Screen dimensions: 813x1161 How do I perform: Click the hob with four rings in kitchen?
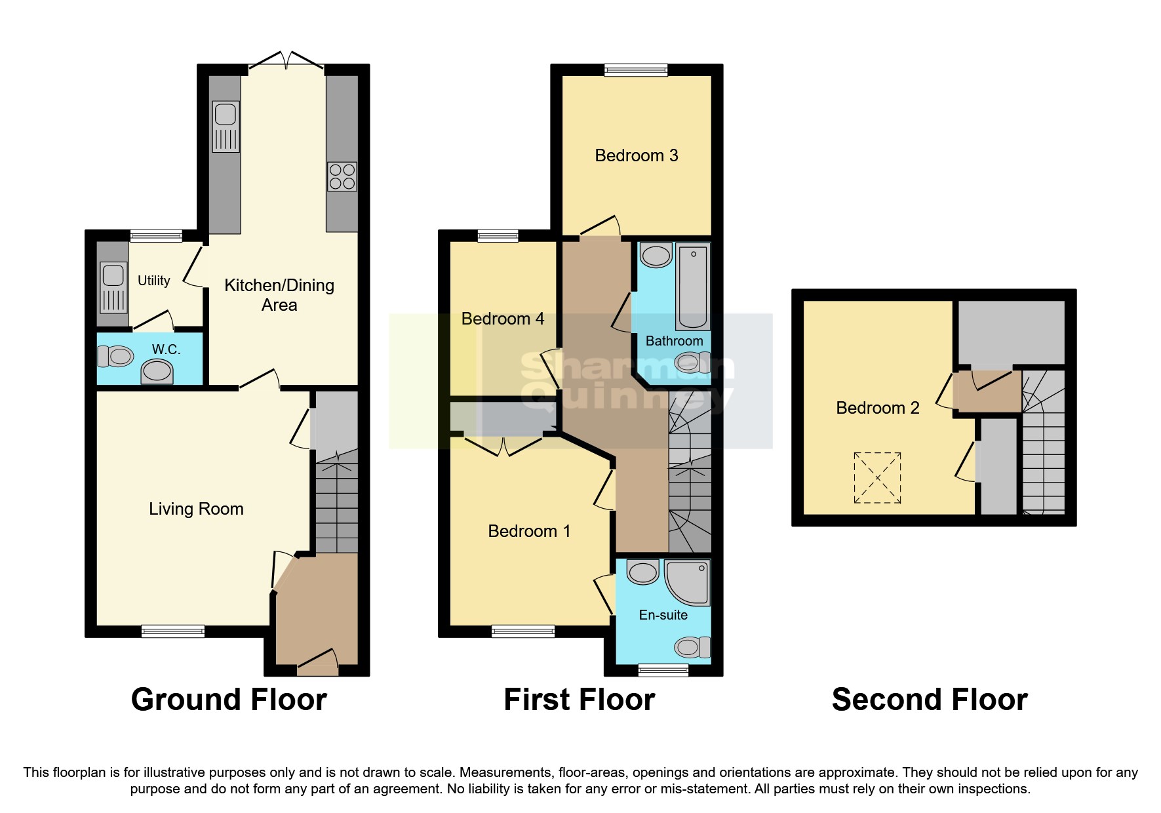(342, 176)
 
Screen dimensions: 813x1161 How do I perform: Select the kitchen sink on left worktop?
(226, 127)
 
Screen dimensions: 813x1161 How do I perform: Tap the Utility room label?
(154, 281)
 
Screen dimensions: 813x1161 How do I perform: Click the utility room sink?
(113, 287)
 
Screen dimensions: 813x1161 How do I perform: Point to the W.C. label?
(166, 349)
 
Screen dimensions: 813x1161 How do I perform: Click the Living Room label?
(196, 509)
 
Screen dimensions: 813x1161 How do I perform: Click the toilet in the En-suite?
(691, 648)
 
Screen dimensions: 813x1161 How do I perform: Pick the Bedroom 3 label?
(636, 155)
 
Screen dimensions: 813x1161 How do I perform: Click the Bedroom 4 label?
(503, 319)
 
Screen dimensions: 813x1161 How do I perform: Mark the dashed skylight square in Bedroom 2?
(877, 478)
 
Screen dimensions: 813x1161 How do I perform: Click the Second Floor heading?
(929, 700)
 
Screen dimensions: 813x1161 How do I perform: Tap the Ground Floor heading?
(229, 700)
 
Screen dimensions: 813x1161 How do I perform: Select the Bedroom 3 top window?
(635, 69)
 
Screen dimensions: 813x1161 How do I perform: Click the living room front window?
(173, 631)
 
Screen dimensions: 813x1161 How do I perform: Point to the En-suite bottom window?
(663, 670)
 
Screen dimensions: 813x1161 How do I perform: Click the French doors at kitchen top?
(286, 61)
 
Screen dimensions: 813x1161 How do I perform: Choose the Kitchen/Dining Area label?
(279, 295)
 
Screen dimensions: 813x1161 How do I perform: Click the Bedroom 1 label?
(529, 531)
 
